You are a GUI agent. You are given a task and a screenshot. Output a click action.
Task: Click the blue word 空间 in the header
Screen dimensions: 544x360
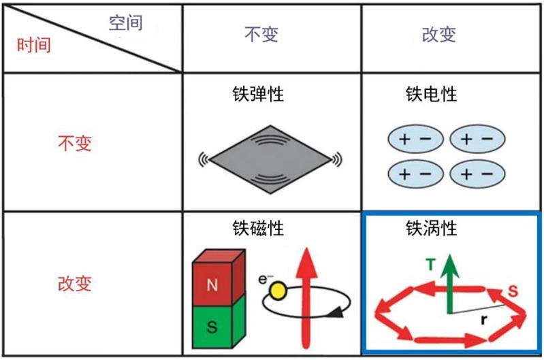click(125, 23)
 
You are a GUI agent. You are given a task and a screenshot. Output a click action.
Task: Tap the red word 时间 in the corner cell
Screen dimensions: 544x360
click(33, 45)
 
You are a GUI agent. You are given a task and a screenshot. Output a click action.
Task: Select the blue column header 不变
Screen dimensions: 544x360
click(261, 34)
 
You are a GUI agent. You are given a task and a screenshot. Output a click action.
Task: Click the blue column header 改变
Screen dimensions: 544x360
click(439, 34)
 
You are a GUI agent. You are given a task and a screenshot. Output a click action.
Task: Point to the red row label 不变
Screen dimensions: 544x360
click(75, 143)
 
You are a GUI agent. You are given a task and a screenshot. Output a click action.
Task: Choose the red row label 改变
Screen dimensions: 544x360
click(75, 283)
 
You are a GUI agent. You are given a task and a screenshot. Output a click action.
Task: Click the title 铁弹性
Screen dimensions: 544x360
click(258, 94)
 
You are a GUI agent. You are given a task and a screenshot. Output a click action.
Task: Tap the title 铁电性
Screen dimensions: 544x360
click(431, 94)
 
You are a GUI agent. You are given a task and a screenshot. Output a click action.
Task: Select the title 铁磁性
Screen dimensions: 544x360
click(258, 228)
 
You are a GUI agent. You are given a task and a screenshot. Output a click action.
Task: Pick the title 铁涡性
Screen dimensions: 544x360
click(431, 228)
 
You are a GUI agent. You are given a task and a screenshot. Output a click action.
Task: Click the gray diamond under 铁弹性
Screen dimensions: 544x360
click(270, 159)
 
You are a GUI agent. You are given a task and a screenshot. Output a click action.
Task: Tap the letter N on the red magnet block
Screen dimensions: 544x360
click(212, 285)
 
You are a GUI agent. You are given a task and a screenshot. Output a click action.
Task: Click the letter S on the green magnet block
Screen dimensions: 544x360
click(212, 327)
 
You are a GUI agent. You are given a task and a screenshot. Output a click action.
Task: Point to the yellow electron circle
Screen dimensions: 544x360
click(278, 291)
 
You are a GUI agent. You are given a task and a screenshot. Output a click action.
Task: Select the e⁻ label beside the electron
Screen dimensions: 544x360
click(266, 278)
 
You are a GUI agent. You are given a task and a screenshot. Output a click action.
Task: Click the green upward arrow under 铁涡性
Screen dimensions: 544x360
click(450, 284)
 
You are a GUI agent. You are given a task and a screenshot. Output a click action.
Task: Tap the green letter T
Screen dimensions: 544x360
click(430, 265)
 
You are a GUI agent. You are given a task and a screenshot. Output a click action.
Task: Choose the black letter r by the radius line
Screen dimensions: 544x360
click(484, 319)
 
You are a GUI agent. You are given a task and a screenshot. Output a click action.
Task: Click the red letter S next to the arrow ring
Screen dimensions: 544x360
click(513, 291)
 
